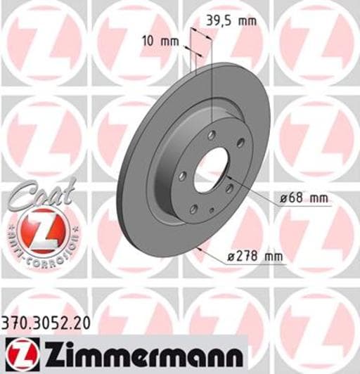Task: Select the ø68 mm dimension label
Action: pos(304,199)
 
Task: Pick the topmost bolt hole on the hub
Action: pos(212,134)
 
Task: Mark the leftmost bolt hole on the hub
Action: pos(182,176)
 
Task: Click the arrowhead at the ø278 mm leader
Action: pos(200,247)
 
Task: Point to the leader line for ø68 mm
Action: pos(253,192)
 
